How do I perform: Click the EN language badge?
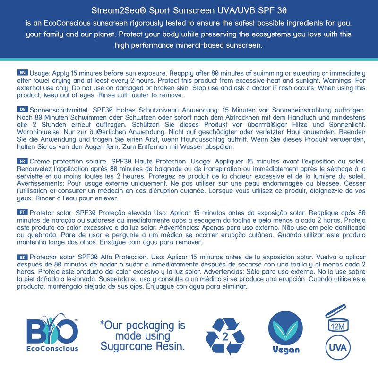[x=22, y=73]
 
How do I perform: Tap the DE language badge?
[x=22, y=109]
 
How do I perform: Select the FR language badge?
[x=22, y=161]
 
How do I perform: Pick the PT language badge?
[x=22, y=212]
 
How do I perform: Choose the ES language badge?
[x=22, y=257]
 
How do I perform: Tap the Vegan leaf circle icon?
[x=285, y=328]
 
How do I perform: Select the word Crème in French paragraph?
[x=42, y=161]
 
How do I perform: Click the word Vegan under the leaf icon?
[x=286, y=350]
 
